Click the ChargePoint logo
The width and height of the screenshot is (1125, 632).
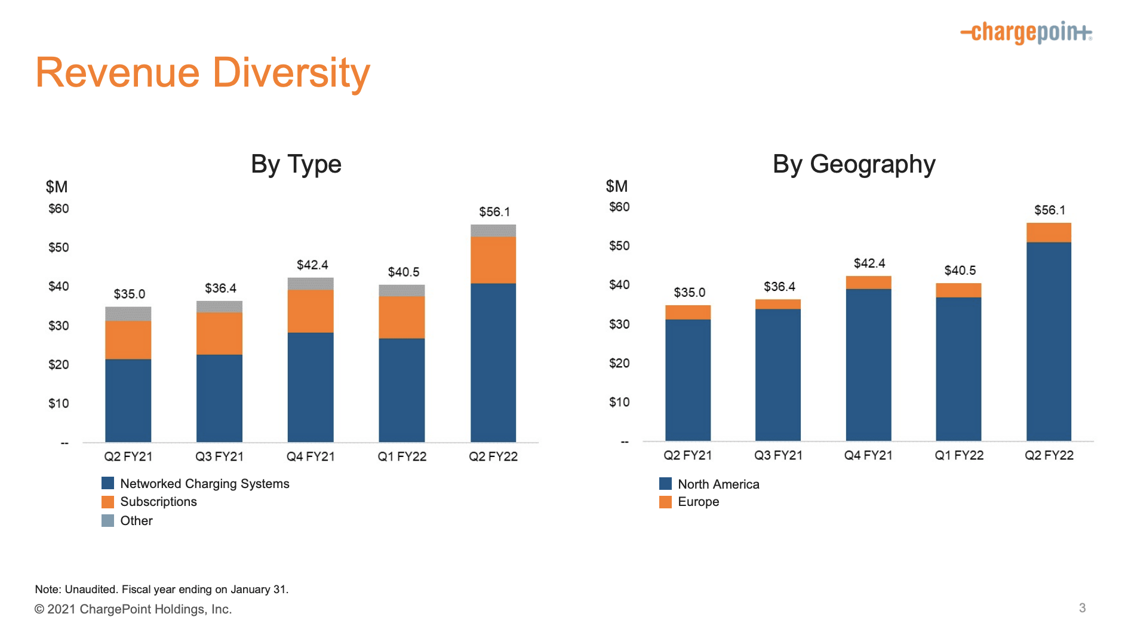(1026, 32)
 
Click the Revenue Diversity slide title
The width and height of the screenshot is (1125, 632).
(202, 73)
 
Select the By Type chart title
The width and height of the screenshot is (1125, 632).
(296, 164)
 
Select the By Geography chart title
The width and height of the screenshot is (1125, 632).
(853, 164)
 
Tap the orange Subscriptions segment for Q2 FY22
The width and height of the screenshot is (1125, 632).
(493, 260)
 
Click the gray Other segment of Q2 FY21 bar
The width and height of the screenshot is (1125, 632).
(128, 314)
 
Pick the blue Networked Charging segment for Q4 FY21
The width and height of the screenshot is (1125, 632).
(310, 386)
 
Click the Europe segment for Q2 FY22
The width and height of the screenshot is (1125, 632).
(1049, 232)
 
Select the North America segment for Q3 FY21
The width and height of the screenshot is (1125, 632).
(777, 375)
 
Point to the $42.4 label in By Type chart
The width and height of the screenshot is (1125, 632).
(312, 265)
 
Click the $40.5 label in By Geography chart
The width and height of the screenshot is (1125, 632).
(960, 271)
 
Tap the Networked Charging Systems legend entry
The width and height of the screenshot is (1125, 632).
(204, 483)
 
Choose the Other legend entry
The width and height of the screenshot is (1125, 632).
(136, 520)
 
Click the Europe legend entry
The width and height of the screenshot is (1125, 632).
(697, 502)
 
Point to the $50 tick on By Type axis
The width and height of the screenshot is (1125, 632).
(59, 247)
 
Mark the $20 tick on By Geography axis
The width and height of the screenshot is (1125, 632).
(619, 363)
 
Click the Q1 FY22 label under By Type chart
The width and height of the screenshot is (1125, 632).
(402, 456)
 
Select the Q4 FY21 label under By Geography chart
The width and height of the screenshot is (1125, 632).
(868, 455)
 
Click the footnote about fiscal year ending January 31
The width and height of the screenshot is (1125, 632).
(161, 589)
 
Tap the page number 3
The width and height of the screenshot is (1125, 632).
(1082, 608)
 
